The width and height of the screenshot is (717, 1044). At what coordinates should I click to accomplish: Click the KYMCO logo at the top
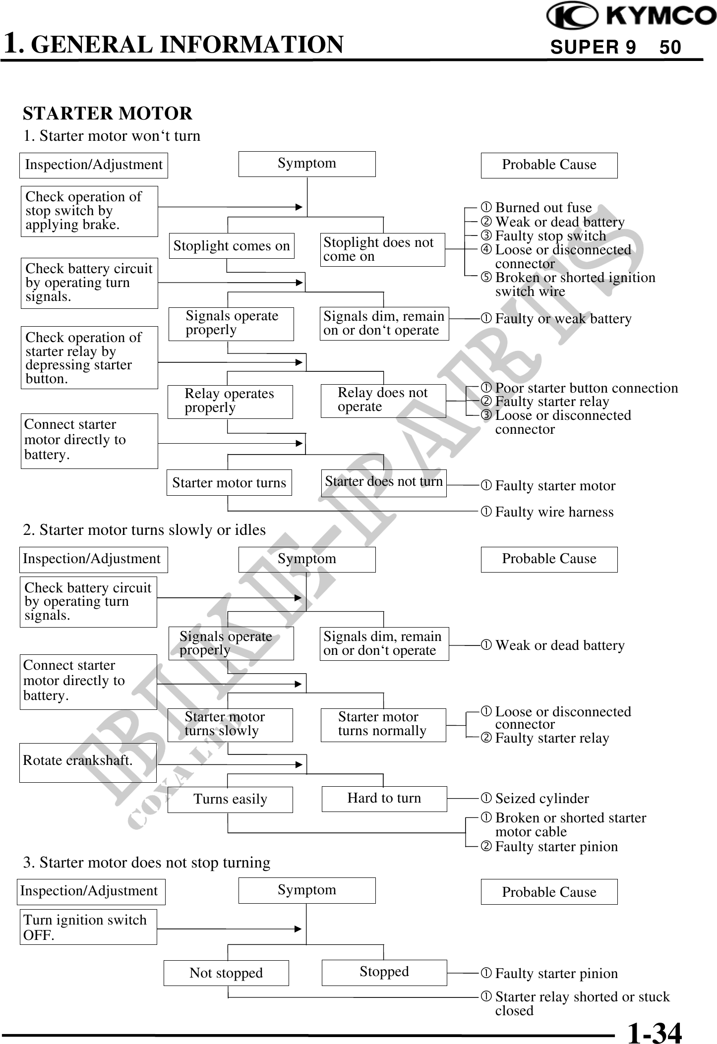point(631,16)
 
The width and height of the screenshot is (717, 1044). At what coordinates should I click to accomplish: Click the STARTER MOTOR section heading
point(108,114)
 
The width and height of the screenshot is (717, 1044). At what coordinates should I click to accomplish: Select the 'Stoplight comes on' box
point(231,246)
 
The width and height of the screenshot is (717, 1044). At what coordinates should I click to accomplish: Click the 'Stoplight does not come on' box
point(382,249)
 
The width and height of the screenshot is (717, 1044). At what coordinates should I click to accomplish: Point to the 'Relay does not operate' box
point(383,400)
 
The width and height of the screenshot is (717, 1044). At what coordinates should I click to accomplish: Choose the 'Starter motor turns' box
point(229,483)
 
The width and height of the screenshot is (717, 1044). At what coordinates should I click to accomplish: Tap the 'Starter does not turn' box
point(383,482)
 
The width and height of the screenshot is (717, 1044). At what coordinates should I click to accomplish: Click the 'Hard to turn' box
point(384,798)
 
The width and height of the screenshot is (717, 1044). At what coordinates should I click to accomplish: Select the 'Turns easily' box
point(230,799)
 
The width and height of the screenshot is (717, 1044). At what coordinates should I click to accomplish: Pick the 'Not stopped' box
point(226,973)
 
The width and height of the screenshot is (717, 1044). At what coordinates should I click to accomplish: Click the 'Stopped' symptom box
point(384,972)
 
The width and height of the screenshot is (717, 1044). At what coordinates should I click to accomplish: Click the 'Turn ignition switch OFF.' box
point(88,927)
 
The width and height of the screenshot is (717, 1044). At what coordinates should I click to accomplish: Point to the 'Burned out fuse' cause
point(543,207)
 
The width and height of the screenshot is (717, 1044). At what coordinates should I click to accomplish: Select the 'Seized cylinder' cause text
point(541,798)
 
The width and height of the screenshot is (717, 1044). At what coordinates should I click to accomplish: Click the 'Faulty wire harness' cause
point(554,512)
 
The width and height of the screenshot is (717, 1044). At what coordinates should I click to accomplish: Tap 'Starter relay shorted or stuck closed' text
point(582,1003)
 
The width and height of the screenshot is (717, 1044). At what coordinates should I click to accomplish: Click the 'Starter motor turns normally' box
point(383,724)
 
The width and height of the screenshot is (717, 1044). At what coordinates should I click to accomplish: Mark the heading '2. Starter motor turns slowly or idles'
point(144,530)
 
